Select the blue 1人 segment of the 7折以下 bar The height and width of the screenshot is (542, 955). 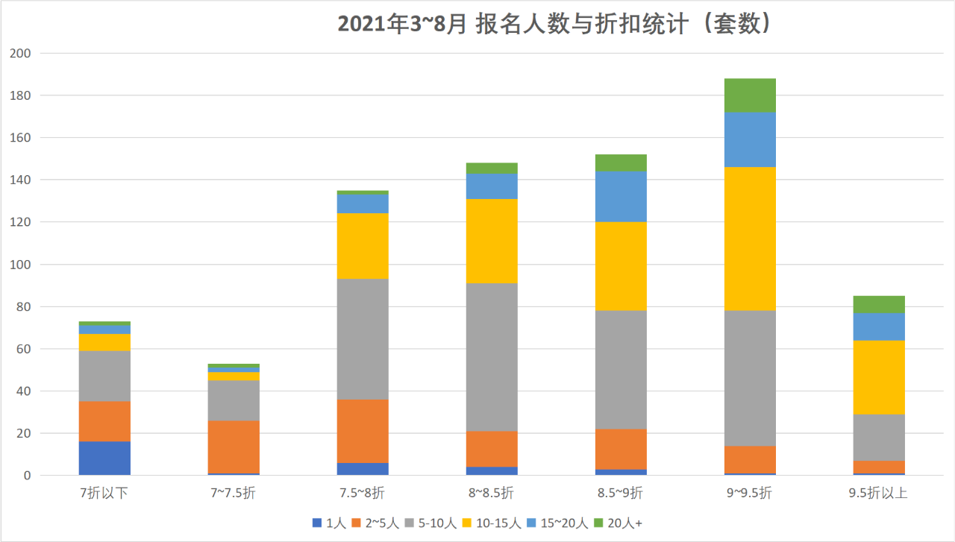click(x=104, y=458)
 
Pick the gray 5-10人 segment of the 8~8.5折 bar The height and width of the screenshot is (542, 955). click(x=492, y=357)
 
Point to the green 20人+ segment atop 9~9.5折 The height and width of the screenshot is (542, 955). click(x=750, y=95)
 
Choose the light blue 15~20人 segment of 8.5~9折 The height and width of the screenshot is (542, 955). click(x=621, y=197)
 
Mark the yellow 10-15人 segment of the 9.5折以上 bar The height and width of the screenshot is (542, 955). click(x=879, y=377)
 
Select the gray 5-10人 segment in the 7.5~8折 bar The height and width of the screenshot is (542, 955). click(x=363, y=339)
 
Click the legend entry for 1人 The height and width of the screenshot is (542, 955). click(x=329, y=523)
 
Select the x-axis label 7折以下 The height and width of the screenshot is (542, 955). click(x=104, y=493)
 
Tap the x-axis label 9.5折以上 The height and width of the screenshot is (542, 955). click(x=879, y=493)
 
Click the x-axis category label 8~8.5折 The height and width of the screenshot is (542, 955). click(x=492, y=493)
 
